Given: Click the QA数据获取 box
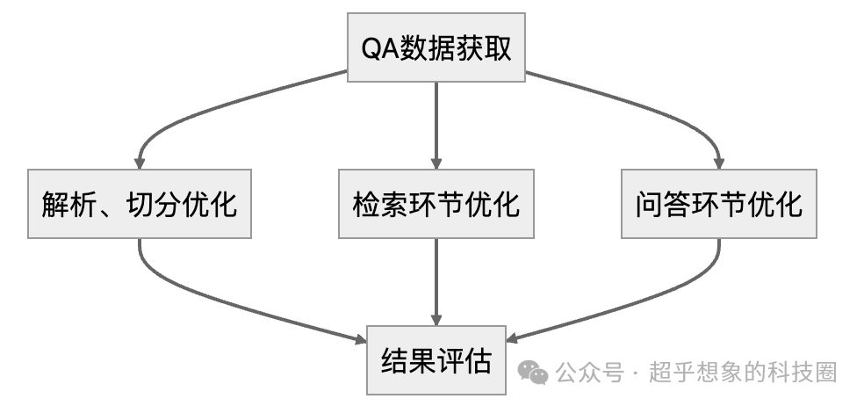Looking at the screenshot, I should click(x=436, y=48).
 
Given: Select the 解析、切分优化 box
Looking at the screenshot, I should click(x=140, y=204).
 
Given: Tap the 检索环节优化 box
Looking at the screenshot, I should click(x=436, y=204).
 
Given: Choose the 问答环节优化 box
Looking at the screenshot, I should click(x=718, y=204).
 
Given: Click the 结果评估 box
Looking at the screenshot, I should click(x=436, y=360).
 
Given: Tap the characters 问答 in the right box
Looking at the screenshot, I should click(x=655, y=205).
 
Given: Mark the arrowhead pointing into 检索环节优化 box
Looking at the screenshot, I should click(x=436, y=163).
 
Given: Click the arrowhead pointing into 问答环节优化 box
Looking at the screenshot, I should click(x=718, y=163).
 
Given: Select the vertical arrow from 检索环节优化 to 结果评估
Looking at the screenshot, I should click(x=436, y=281).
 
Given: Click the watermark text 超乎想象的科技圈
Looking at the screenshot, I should click(x=743, y=373).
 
